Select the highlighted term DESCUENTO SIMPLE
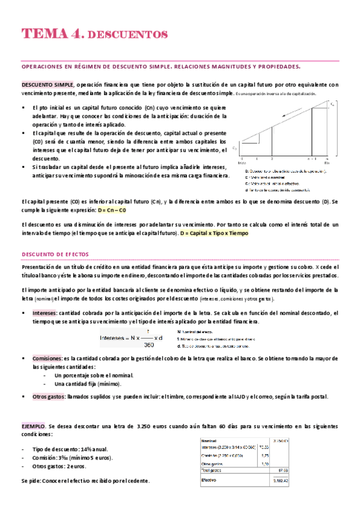[47, 85]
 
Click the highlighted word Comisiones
[47, 357]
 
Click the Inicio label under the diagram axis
[242, 163]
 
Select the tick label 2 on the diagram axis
[272, 159]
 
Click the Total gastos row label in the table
[213, 470]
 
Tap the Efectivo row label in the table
[210, 481]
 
